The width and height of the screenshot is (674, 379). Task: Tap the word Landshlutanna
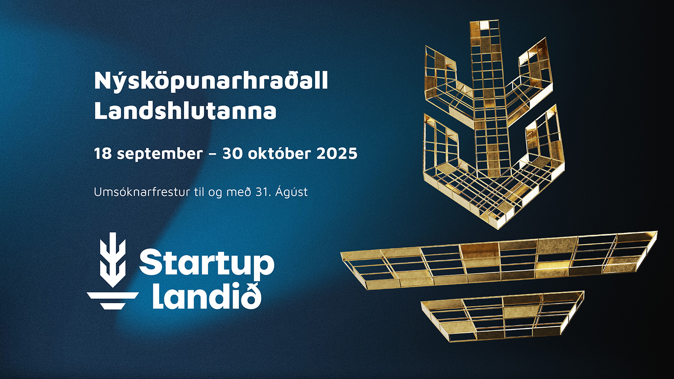point(185,111)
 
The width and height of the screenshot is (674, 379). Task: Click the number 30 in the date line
point(232,153)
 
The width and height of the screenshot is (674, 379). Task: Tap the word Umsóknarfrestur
point(142,192)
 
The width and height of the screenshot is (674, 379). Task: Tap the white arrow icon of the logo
point(112,260)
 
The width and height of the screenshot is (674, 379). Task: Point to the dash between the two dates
point(212,154)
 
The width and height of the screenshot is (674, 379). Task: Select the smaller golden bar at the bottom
point(502,317)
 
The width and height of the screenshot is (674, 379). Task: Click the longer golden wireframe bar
point(499,261)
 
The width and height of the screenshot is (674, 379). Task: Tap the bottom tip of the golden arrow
point(498,229)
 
